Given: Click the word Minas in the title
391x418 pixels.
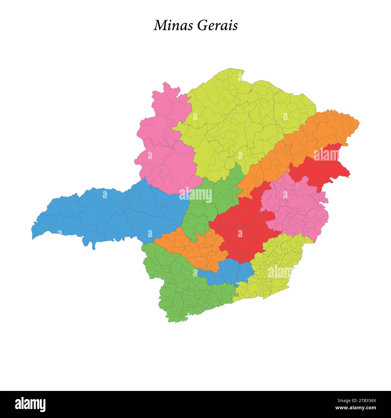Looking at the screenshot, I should point(173,26).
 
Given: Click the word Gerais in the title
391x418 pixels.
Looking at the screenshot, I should point(217,26).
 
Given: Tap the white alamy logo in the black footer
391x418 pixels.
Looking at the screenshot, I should point(30,404).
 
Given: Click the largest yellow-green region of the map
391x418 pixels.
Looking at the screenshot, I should point(241,126).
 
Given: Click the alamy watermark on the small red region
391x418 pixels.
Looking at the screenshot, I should point(326,155).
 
